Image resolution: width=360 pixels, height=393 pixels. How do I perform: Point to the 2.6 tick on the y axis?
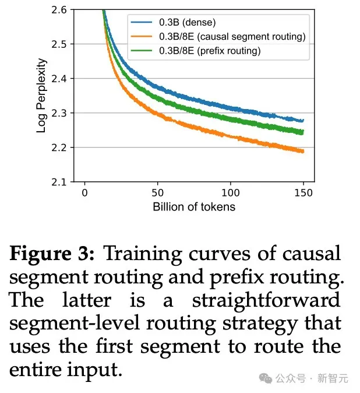59,9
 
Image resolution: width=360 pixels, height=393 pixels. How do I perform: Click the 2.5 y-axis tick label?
59,44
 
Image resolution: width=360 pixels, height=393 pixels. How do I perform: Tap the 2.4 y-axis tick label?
59,78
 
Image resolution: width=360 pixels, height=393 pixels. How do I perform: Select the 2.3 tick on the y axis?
59,113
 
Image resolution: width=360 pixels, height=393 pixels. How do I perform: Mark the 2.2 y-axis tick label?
59,147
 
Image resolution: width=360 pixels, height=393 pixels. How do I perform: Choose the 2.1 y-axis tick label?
59,181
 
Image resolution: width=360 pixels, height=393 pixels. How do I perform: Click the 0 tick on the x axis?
85,193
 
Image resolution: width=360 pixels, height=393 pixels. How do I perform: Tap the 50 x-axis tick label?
158,193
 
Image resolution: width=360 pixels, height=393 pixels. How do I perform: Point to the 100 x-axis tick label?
231,193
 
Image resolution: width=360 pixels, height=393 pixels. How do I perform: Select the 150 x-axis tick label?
303,193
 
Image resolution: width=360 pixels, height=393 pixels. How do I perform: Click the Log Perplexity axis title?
41,95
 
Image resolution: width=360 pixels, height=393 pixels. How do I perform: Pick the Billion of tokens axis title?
194,207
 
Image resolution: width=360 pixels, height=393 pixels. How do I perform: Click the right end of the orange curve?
303,152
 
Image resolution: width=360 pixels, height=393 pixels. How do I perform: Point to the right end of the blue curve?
303,121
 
